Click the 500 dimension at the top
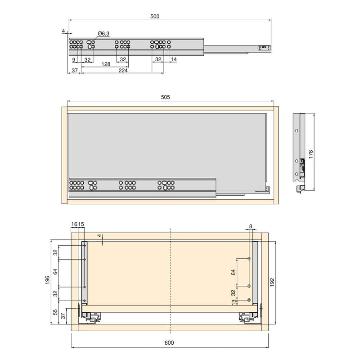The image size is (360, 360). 155,16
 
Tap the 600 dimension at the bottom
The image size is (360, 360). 169,343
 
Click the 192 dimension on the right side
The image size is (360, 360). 273,281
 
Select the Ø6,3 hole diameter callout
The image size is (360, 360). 103,34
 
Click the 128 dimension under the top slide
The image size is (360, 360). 106,64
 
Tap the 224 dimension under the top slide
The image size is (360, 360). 123,71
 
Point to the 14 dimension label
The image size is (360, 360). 174,59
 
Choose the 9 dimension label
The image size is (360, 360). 73,59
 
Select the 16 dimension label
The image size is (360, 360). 74,224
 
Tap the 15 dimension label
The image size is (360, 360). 81,224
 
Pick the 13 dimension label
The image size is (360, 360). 234,301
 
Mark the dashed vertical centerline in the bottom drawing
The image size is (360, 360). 170,279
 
